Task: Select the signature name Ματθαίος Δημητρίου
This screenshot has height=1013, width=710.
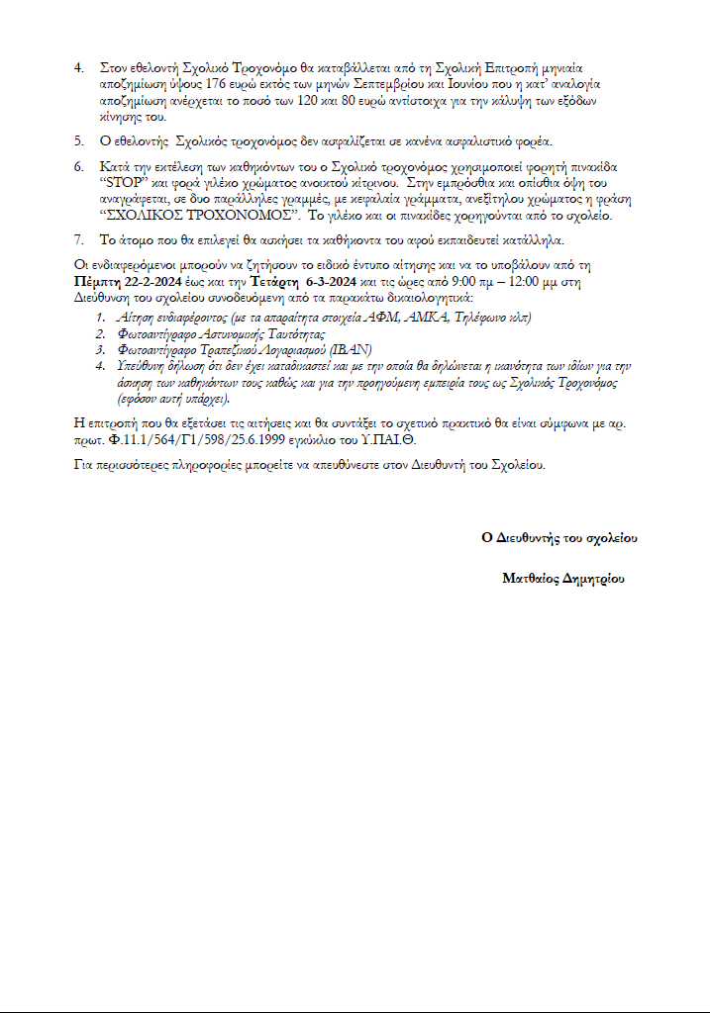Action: [x=563, y=579]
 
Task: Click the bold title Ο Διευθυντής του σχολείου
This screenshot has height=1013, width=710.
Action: [x=559, y=538]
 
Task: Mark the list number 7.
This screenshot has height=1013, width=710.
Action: [x=80, y=239]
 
